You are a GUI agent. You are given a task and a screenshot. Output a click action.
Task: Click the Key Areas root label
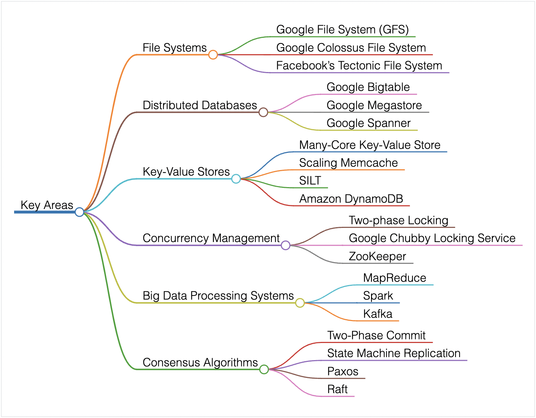(x=47, y=205)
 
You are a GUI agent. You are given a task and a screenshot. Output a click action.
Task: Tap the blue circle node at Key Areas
(x=79, y=212)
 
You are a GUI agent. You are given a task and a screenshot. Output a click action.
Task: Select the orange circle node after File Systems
(x=213, y=55)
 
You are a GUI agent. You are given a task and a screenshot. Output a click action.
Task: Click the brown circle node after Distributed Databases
(x=263, y=112)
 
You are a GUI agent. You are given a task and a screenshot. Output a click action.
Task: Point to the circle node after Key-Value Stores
(x=236, y=179)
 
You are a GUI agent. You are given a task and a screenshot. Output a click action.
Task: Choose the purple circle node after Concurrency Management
(x=285, y=245)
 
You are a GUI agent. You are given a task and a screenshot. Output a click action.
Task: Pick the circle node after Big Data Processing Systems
(x=300, y=303)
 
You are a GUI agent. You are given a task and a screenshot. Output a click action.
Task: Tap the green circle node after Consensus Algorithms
(x=264, y=369)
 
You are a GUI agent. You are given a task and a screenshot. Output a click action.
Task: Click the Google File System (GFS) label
(x=342, y=30)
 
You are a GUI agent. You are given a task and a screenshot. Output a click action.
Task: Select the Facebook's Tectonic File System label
(x=359, y=66)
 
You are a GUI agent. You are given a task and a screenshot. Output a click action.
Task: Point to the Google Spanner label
(x=368, y=123)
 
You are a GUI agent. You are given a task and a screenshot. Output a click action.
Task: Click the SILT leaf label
(x=310, y=181)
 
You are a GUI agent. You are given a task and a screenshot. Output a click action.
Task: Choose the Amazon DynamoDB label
(x=351, y=199)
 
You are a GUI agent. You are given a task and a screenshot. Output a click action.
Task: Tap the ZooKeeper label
(x=377, y=257)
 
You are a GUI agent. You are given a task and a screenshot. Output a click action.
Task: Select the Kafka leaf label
(x=377, y=314)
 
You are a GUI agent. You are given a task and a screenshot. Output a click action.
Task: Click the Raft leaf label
(x=337, y=389)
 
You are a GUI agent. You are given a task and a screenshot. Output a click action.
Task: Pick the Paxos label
(x=343, y=372)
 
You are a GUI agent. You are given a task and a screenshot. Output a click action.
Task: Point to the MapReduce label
(x=394, y=278)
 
